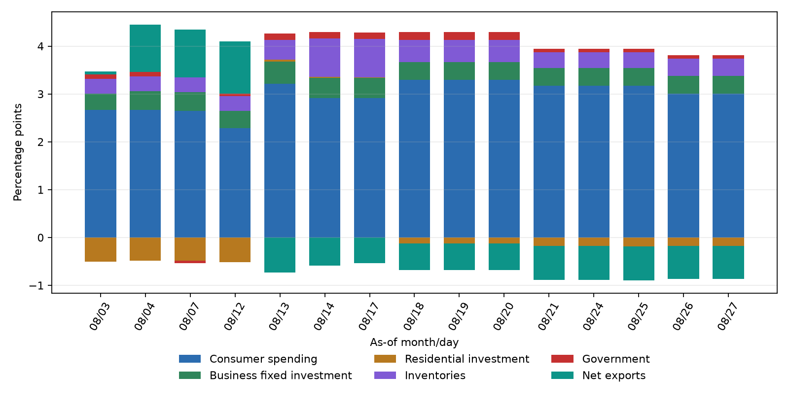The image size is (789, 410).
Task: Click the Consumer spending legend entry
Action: (x=248, y=359)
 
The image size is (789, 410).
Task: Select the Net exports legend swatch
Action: (x=562, y=376)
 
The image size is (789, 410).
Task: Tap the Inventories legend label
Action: (x=435, y=376)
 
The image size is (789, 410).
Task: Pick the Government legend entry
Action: (x=601, y=359)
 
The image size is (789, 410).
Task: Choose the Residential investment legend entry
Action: (x=452, y=359)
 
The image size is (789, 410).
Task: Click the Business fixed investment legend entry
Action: (x=265, y=376)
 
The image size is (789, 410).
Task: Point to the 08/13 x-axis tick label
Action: (x=279, y=316)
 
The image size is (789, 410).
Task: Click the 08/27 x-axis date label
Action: (x=728, y=316)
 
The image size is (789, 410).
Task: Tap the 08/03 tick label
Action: (x=100, y=316)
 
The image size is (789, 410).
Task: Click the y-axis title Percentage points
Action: (x=18, y=152)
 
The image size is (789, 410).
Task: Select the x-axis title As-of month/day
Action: (x=414, y=342)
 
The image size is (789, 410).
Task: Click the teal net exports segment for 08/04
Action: (x=145, y=48)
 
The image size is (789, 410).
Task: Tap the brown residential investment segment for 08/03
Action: (x=101, y=249)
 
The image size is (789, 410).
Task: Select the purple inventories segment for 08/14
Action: (x=325, y=57)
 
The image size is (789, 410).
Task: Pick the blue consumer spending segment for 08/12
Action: (x=235, y=183)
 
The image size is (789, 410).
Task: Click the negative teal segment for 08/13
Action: (x=280, y=255)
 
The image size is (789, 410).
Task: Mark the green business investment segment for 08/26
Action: (x=683, y=85)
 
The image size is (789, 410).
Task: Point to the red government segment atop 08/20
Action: (x=504, y=36)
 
